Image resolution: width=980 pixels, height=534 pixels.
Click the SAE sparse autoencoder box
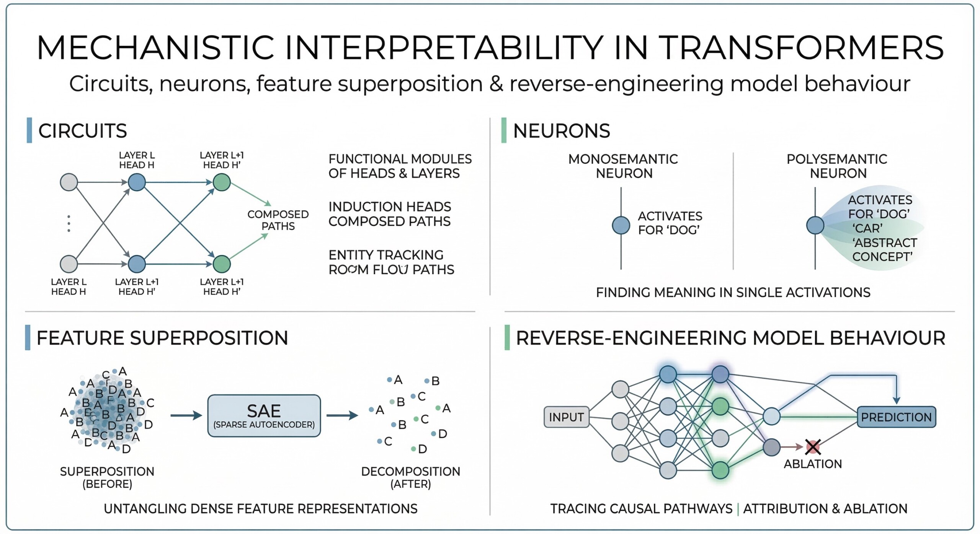coord(264,416)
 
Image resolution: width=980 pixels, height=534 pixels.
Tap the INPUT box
coord(566,417)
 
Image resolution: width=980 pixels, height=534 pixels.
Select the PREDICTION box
coord(896,417)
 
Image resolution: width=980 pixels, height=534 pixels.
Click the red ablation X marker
coord(813,447)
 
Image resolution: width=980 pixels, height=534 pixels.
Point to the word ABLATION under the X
coord(813,464)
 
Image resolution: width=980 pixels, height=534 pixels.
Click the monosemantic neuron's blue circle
coord(621,225)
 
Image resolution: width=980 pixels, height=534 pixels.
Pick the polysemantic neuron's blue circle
coord(815,225)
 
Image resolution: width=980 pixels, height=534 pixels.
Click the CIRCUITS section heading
coord(83,131)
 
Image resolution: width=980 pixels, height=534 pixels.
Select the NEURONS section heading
coord(561,131)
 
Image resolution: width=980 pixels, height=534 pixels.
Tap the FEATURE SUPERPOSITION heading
coord(162,338)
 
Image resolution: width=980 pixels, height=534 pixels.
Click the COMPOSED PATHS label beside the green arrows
coord(278,220)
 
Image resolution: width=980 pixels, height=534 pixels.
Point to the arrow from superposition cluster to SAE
coord(186,415)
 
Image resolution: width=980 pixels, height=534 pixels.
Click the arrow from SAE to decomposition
coord(342,415)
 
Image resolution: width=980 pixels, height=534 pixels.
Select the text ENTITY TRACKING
coord(386,255)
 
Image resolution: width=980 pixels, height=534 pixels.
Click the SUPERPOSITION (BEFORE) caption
coord(107,477)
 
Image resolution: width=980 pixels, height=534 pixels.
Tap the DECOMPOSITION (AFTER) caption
coord(410,477)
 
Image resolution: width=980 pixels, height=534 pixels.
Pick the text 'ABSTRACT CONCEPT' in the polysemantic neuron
coord(884,249)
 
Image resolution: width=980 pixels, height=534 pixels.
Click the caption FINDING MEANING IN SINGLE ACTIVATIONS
coord(733,293)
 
